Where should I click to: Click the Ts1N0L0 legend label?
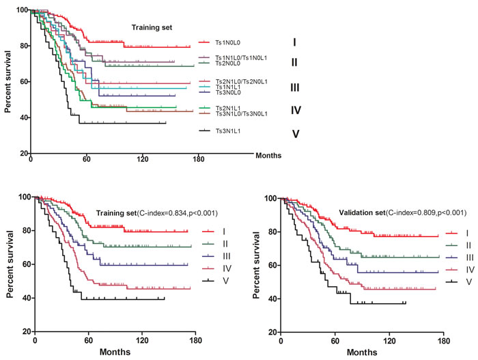227,43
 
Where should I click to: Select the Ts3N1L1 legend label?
228,131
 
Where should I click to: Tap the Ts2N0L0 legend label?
227,64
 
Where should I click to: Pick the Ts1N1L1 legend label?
228,87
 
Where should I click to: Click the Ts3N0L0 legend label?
228,92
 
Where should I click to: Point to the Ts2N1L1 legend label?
228,109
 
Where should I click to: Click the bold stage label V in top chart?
296,134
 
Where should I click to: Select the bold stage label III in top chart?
295,87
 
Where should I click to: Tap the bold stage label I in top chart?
294,42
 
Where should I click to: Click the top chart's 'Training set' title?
152,28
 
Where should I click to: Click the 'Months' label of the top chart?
268,156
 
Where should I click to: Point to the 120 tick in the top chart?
143,159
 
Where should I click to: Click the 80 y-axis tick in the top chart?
24,46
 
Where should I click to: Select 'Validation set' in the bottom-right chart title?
362,212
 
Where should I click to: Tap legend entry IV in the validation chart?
470,270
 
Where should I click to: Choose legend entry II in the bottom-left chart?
225,244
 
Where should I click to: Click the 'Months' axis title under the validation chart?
362,352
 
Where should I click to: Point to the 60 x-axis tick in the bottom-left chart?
88,340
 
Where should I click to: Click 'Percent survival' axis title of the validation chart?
256,265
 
